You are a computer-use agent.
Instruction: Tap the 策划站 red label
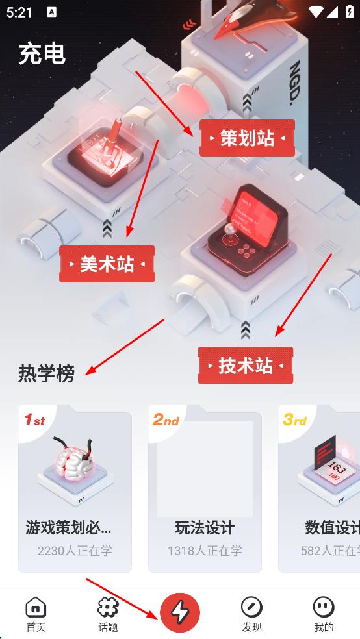(247, 138)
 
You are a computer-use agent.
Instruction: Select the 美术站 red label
(107, 264)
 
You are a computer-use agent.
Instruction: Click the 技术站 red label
(246, 366)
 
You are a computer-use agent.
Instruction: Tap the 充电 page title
(42, 53)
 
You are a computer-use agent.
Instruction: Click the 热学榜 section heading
(46, 373)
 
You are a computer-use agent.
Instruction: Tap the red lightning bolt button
(180, 612)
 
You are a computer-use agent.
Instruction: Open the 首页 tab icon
(36, 607)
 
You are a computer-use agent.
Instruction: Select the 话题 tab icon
(108, 607)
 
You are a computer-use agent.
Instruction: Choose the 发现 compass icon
(251, 607)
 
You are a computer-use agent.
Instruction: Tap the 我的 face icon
(324, 607)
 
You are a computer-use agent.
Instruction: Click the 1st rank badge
(34, 420)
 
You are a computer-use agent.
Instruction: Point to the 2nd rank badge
(166, 420)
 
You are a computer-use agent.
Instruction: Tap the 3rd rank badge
(294, 420)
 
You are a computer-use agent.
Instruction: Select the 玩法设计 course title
(205, 527)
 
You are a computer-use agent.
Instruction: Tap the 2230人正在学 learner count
(75, 551)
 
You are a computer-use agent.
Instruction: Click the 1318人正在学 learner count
(205, 551)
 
